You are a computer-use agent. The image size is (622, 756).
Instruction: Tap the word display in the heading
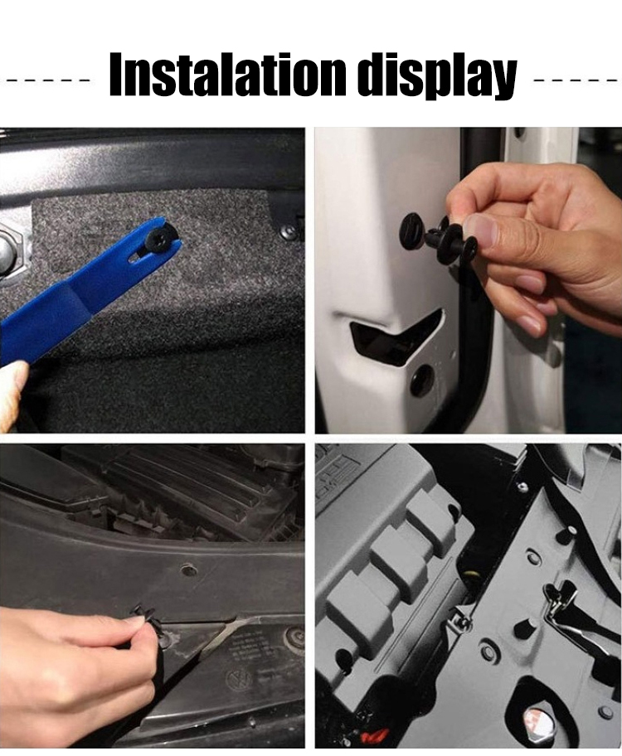439,76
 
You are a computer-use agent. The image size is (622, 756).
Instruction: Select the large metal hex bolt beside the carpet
10,247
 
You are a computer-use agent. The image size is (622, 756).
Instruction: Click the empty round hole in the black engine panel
187,569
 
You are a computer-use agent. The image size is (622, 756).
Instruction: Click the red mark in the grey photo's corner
372,737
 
